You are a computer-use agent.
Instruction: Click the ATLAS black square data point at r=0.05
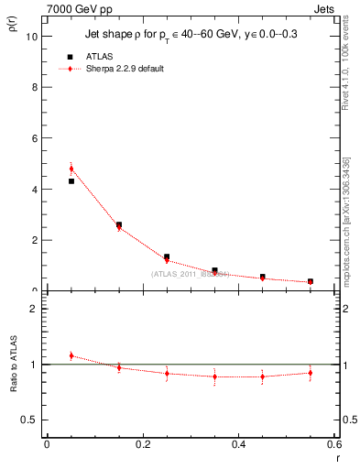(x=71, y=181)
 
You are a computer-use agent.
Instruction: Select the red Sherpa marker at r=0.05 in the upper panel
(x=71, y=169)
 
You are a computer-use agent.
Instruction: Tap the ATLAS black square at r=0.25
(x=167, y=257)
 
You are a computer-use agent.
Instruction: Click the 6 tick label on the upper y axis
(x=35, y=138)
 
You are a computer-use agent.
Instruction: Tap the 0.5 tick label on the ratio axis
(x=30, y=420)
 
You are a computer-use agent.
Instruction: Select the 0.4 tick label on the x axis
(x=238, y=444)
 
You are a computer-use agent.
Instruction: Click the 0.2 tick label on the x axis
(x=142, y=444)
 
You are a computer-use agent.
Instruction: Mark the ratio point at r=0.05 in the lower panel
(x=71, y=355)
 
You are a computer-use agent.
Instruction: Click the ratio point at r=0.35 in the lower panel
(x=214, y=376)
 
